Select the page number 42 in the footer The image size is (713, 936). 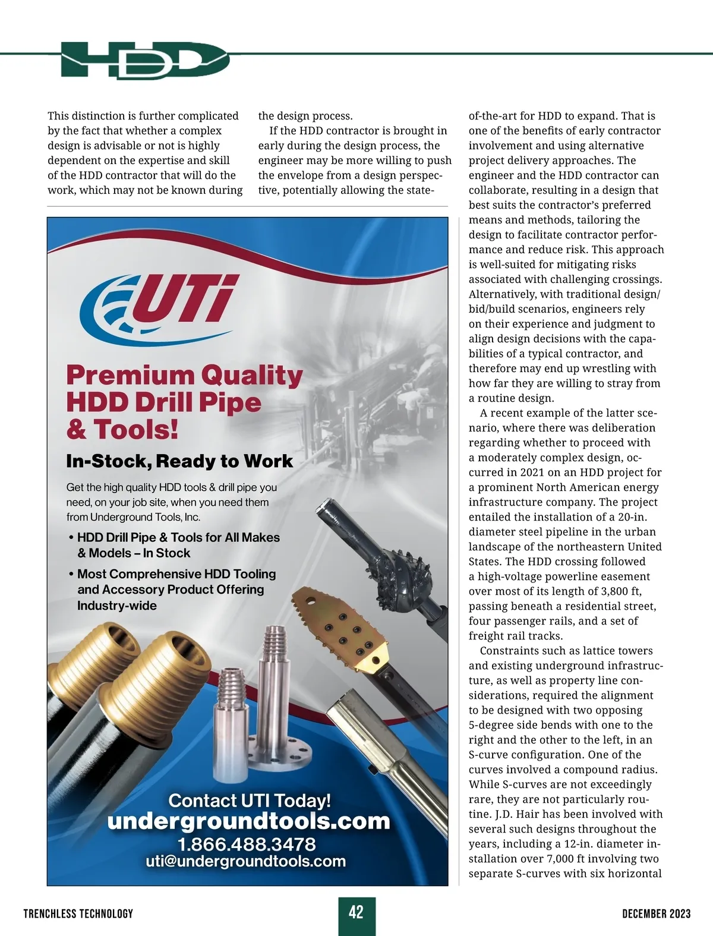(356, 912)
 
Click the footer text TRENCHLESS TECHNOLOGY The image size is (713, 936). (78, 913)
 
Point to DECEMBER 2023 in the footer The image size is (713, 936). (656, 913)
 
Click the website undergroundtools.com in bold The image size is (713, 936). (248, 821)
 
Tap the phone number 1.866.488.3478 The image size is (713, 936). (247, 844)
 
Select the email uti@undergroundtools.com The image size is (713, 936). (245, 861)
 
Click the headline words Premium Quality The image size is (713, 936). (184, 376)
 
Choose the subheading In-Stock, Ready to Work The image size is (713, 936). (179, 461)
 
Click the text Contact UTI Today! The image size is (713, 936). (250, 801)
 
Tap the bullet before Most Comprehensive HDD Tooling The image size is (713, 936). (71, 575)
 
